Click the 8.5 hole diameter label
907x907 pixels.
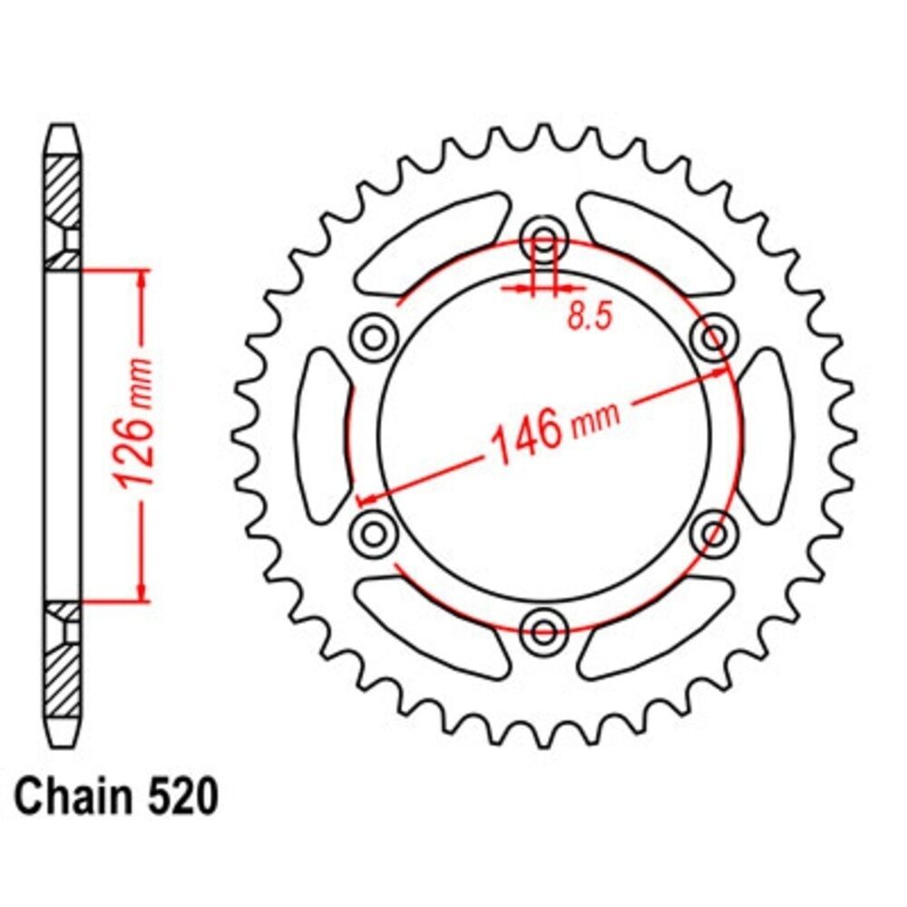coord(589,316)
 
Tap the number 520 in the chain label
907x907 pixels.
coord(183,796)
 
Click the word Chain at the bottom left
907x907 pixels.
coord(74,796)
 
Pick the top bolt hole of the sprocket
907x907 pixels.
coord(543,239)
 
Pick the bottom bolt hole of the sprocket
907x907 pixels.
coord(543,630)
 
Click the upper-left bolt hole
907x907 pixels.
coord(375,337)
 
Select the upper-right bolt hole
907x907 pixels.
coord(714,337)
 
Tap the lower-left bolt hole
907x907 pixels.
coord(375,532)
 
